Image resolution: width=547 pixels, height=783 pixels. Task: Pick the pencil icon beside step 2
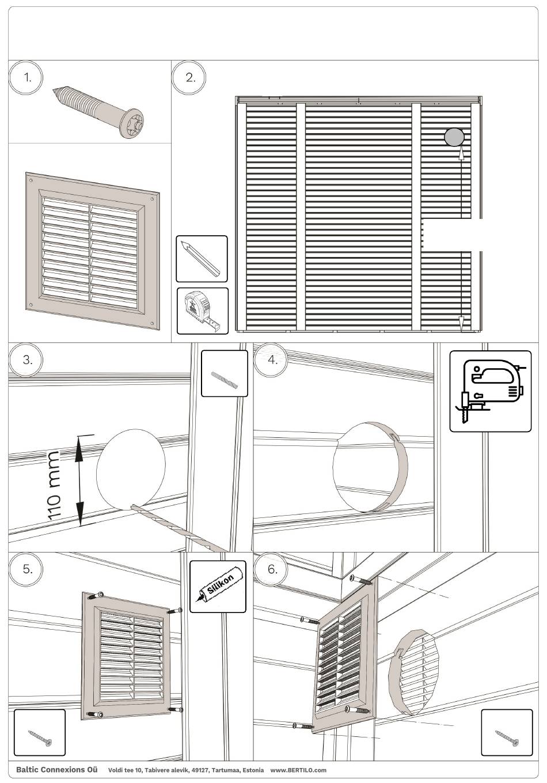(x=202, y=259)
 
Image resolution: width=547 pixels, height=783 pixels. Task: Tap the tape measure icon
(x=202, y=311)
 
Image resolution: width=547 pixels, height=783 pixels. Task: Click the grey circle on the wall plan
(x=454, y=137)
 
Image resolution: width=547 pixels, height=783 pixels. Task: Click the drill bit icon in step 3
(x=224, y=374)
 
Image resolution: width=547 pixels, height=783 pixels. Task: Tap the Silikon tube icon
(x=218, y=586)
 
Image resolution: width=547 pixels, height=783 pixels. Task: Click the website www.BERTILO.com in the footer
(x=298, y=770)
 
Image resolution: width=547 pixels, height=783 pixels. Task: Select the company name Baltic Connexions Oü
(x=56, y=770)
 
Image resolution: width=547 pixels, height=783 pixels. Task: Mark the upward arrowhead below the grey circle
(x=462, y=154)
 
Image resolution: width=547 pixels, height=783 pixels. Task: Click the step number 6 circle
(x=273, y=569)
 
